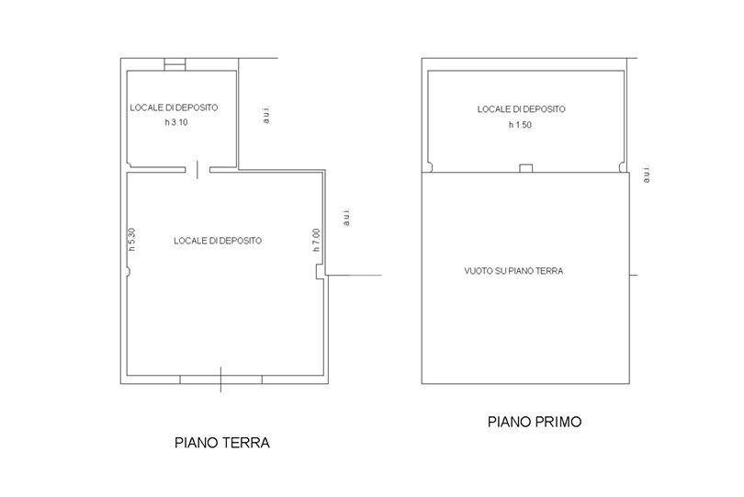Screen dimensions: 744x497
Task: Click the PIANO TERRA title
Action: click(x=222, y=443)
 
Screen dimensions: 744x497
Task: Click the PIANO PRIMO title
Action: click(x=535, y=422)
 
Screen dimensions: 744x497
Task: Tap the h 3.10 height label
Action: click(x=176, y=122)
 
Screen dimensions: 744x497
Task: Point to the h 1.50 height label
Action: click(x=520, y=125)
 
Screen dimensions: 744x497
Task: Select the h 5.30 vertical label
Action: click(x=132, y=239)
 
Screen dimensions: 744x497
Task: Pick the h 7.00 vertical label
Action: click(x=317, y=240)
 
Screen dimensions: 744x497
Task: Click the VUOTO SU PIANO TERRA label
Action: click(x=513, y=271)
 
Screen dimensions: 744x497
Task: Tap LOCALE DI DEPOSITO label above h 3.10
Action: click(x=175, y=107)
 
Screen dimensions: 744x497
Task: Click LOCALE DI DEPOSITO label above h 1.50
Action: click(x=522, y=109)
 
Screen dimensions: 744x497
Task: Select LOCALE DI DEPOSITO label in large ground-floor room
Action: click(x=218, y=241)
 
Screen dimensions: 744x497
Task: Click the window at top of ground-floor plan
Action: click(x=175, y=64)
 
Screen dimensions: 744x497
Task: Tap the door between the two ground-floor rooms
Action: click(x=197, y=169)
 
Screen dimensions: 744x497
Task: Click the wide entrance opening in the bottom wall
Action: click(x=221, y=379)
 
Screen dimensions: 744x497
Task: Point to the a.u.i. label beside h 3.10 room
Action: click(x=266, y=115)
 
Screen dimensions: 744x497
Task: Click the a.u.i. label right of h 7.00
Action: click(x=346, y=217)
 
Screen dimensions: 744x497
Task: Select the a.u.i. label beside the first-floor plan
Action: click(x=647, y=175)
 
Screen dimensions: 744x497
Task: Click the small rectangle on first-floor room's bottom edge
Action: click(x=525, y=168)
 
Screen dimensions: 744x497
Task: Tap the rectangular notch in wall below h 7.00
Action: click(x=321, y=272)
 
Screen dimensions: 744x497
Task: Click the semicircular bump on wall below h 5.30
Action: click(x=129, y=272)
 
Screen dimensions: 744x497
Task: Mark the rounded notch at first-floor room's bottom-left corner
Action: click(x=430, y=167)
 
